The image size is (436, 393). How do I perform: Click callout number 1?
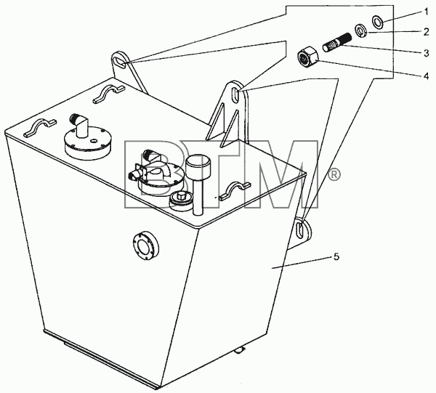426,12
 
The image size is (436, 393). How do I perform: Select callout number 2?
427,32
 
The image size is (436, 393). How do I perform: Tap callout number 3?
427,53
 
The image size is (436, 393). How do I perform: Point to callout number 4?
427,76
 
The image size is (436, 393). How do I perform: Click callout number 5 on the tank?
336,257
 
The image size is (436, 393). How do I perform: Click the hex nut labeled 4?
307,57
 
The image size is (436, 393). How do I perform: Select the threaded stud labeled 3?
336,42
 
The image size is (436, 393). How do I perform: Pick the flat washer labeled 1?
378,22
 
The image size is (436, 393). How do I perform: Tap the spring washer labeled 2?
361,31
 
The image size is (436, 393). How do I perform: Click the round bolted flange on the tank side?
145,246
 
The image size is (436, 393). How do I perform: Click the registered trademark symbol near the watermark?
334,175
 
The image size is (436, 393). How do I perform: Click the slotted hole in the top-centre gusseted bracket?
235,95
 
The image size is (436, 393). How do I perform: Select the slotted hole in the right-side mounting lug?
300,230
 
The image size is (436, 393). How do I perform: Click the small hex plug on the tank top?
181,199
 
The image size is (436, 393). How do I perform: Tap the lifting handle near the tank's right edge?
235,190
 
